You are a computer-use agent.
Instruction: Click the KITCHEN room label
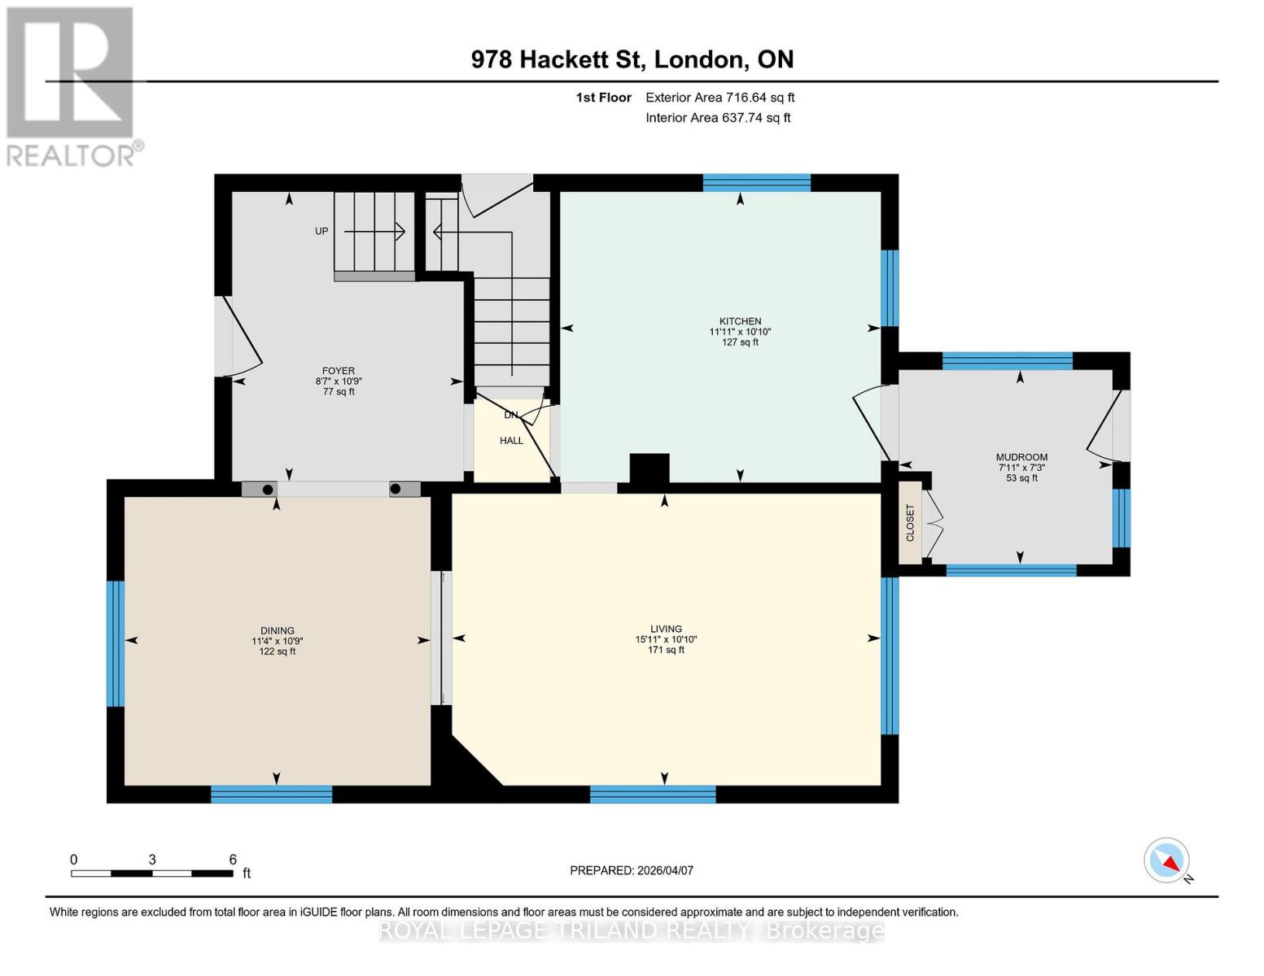click(x=740, y=321)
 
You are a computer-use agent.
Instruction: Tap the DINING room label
click(x=277, y=630)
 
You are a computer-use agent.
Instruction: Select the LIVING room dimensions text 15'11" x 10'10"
click(x=666, y=639)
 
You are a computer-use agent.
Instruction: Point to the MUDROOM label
click(x=1021, y=457)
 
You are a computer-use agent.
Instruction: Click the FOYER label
click(x=339, y=371)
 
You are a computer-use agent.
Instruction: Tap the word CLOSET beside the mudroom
click(x=910, y=523)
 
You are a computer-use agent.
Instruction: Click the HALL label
click(x=511, y=441)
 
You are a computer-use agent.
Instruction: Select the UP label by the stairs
click(x=321, y=231)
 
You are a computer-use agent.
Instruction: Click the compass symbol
click(x=1166, y=861)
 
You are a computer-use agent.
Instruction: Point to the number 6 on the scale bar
click(x=233, y=859)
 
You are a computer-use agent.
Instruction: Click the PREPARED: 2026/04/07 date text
click(x=632, y=870)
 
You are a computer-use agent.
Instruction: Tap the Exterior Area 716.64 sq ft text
click(x=719, y=98)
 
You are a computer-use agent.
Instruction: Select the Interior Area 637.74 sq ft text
click(x=718, y=118)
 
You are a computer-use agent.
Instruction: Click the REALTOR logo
click(x=72, y=85)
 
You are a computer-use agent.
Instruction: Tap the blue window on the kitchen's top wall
click(x=756, y=183)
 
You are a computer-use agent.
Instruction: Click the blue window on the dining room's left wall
click(x=116, y=643)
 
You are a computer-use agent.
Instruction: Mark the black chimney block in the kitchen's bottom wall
click(x=649, y=470)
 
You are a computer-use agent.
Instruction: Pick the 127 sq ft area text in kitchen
click(x=740, y=342)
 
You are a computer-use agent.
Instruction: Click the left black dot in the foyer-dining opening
click(x=267, y=490)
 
